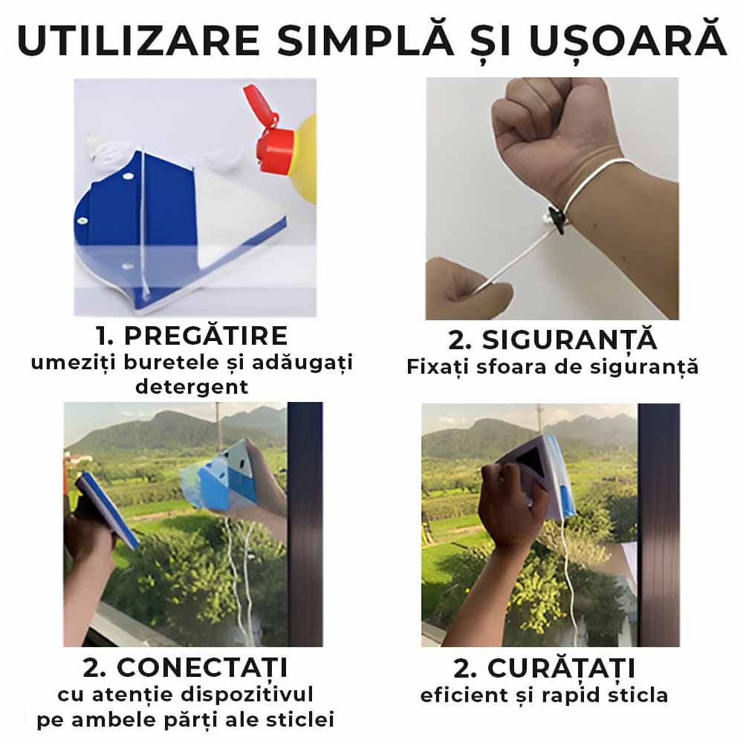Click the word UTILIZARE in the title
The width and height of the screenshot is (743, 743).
point(138,41)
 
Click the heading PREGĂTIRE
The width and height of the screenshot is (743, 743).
point(206,336)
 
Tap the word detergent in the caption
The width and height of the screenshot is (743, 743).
point(192,387)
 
